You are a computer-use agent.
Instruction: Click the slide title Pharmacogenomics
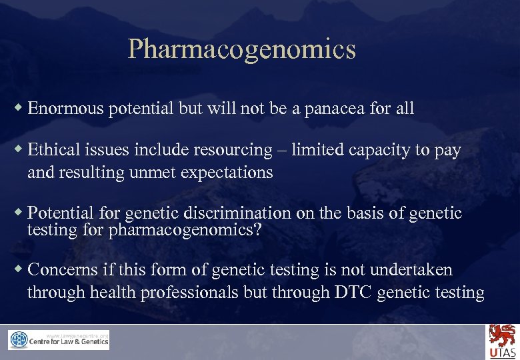pos(241,49)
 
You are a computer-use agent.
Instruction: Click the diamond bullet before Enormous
pos(19,108)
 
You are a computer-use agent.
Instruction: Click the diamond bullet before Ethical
pos(19,150)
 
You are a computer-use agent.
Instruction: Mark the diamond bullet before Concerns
pos(19,269)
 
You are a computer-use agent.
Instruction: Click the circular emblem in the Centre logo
pos(18,340)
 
